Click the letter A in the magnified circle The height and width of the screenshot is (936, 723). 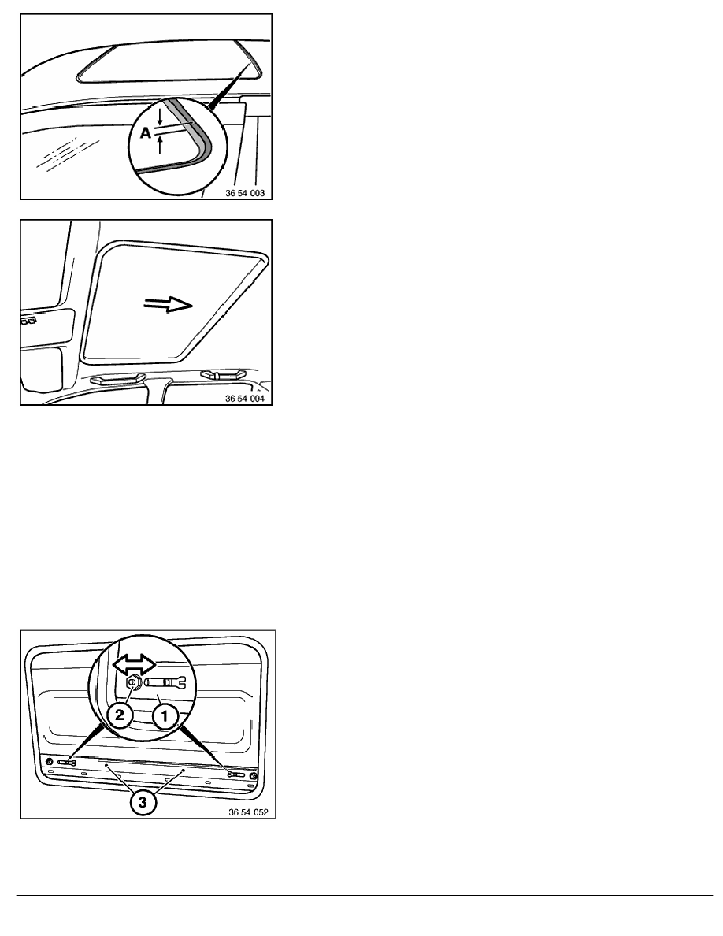click(146, 134)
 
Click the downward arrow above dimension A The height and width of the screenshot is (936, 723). click(159, 117)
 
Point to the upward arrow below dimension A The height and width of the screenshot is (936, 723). click(159, 144)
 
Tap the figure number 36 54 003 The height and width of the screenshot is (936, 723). click(245, 193)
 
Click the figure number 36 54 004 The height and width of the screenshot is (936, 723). click(245, 398)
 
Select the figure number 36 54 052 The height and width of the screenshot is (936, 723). click(248, 812)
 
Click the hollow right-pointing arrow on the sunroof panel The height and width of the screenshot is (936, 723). click(169, 305)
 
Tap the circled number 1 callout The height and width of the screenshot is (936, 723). click(165, 715)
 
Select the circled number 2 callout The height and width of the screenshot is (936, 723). click(120, 715)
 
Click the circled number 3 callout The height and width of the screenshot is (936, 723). click(142, 802)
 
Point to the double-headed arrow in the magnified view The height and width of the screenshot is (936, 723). click(135, 664)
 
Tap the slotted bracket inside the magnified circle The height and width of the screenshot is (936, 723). click(165, 682)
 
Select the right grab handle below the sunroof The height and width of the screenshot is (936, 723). click(223, 374)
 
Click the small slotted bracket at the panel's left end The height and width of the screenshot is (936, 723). click(67, 763)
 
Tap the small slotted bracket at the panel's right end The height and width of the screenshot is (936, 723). click(235, 774)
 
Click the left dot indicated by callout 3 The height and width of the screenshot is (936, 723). click(107, 765)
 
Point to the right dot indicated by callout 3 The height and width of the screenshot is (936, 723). click(184, 771)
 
